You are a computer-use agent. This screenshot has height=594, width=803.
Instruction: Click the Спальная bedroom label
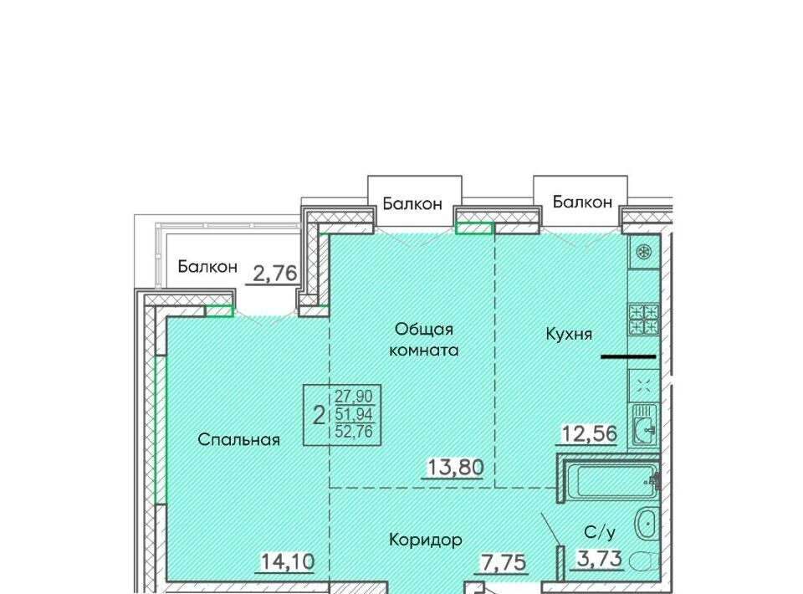click(x=238, y=439)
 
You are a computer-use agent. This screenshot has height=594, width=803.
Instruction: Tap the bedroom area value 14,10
click(x=287, y=561)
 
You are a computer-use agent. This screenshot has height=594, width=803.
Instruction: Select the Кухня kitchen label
click(x=569, y=334)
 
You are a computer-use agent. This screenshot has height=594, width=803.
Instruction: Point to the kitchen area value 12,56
click(x=590, y=433)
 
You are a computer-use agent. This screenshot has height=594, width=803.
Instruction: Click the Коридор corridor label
click(x=426, y=540)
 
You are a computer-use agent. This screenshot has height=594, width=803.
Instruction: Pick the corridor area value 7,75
click(x=503, y=563)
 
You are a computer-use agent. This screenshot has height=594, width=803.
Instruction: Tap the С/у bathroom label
click(x=599, y=533)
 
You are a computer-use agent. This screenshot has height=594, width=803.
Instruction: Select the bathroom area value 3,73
click(x=600, y=558)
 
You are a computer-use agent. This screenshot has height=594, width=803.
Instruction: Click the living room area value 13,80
click(x=455, y=467)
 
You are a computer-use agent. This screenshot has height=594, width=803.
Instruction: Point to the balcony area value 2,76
click(x=275, y=274)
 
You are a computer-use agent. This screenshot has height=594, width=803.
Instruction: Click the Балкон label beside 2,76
click(x=207, y=267)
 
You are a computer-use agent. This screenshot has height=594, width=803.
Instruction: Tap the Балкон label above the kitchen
click(x=582, y=202)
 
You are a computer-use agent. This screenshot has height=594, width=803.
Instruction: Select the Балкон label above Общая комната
click(x=412, y=204)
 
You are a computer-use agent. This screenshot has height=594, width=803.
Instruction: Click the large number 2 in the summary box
click(x=319, y=415)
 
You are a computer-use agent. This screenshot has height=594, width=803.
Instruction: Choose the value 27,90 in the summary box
click(x=354, y=396)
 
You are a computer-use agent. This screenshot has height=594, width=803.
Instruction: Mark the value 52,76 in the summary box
click(x=354, y=431)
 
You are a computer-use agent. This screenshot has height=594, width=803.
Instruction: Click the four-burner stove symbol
click(x=644, y=320)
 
